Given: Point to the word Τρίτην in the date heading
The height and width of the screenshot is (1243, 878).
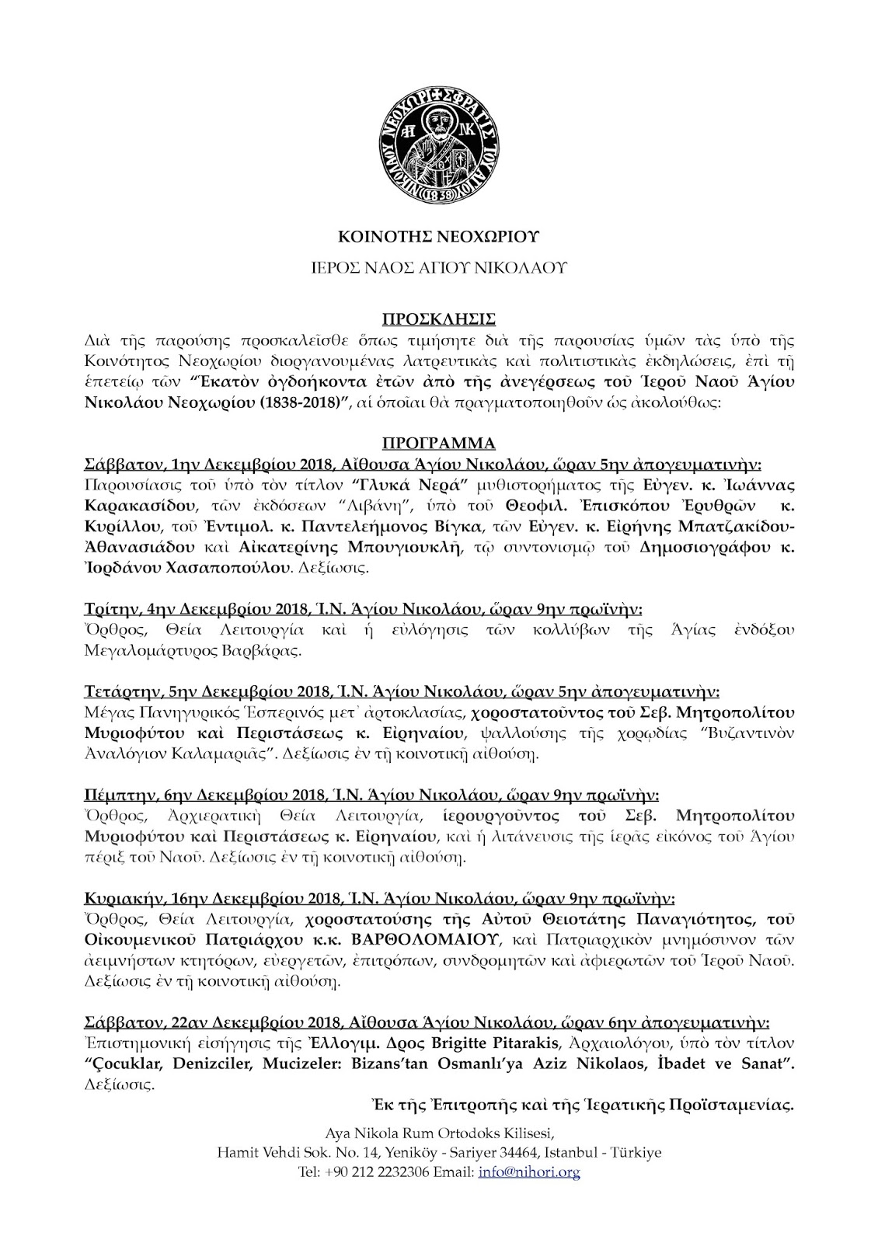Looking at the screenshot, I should tap(106, 608).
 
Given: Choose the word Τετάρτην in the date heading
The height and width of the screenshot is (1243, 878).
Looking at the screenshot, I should tap(117, 691).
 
